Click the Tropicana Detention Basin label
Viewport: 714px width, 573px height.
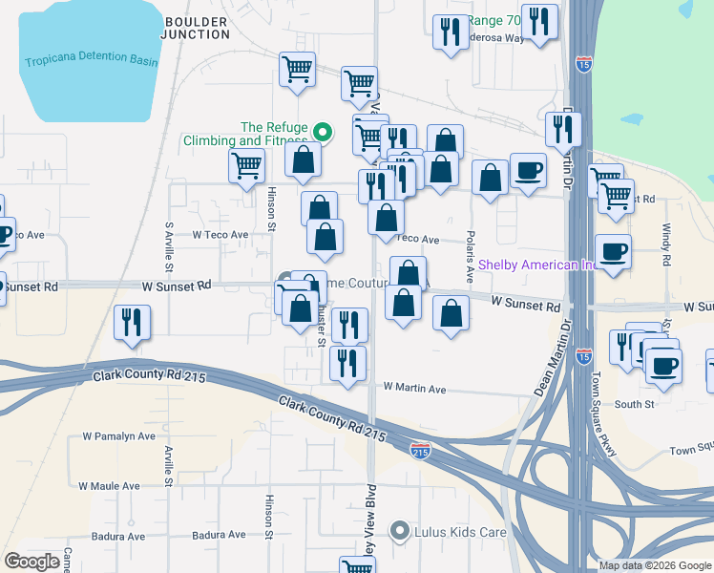tap(91, 61)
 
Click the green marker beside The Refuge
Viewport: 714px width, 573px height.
tap(323, 132)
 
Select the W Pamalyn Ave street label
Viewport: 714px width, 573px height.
tap(118, 436)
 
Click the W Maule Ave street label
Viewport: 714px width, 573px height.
tap(110, 486)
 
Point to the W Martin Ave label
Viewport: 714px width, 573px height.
tap(414, 389)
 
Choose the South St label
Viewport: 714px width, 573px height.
tap(634, 405)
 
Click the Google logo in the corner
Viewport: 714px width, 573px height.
tap(32, 562)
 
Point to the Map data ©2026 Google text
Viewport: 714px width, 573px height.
tap(654, 565)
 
